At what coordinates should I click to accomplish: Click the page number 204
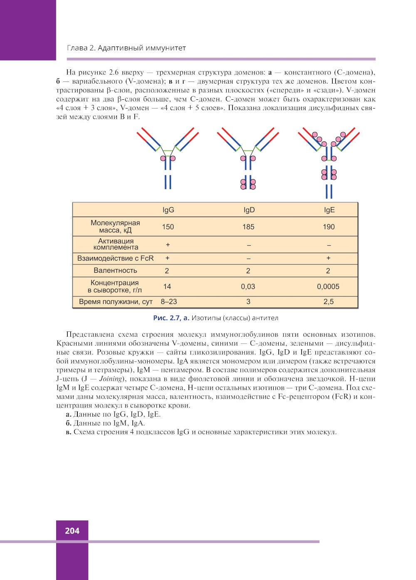click(x=72, y=531)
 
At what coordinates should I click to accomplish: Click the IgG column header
click(x=168, y=210)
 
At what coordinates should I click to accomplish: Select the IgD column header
click(x=249, y=210)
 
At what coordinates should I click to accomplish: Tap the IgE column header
click(x=329, y=210)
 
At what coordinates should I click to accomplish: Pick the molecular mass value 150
click(x=168, y=227)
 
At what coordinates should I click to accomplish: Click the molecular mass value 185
click(x=248, y=227)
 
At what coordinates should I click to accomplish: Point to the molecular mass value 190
click(x=329, y=227)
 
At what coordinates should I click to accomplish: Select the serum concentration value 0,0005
click(x=328, y=286)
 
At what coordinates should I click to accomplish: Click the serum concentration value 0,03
click(x=248, y=286)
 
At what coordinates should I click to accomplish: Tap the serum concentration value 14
click(x=167, y=286)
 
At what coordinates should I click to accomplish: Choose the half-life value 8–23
click(x=169, y=301)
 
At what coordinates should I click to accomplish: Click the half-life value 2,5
click(x=328, y=301)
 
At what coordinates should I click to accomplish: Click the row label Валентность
click(x=115, y=271)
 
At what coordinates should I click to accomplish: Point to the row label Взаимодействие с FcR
click(x=115, y=258)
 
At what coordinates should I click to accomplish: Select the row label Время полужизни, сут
click(x=116, y=302)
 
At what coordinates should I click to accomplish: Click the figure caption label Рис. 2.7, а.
click(x=171, y=318)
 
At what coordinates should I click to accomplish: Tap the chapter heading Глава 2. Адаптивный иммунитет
click(x=126, y=48)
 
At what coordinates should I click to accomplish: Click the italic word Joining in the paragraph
click(x=110, y=379)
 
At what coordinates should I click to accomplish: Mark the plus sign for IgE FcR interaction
click(x=328, y=258)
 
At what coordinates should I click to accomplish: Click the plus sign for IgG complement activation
click(x=168, y=244)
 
